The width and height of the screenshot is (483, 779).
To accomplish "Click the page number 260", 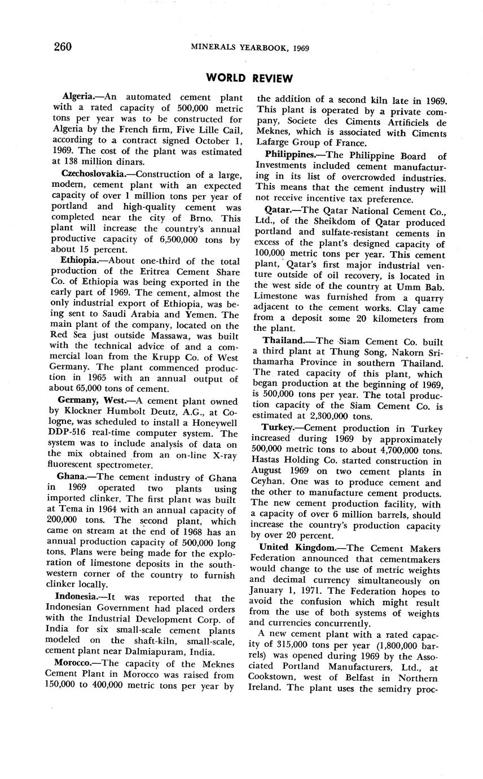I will [x=63, y=47].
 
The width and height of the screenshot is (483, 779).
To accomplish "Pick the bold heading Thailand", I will [x=283, y=342].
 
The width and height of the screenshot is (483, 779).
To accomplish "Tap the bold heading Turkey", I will [x=277, y=429].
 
